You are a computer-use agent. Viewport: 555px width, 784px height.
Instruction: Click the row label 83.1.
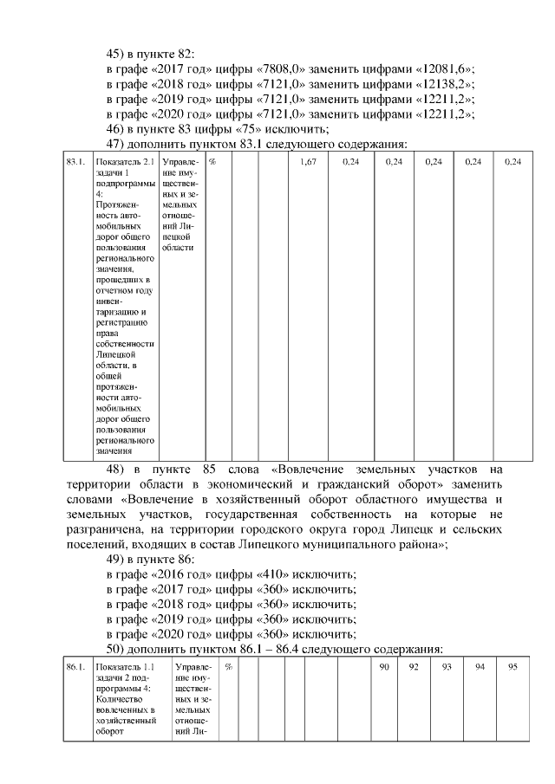click(75, 162)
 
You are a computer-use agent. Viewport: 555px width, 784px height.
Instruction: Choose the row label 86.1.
click(75, 666)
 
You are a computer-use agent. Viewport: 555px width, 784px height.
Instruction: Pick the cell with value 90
click(385, 666)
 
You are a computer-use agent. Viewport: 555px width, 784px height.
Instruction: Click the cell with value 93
click(447, 666)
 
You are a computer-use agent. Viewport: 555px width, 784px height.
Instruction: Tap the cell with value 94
click(480, 666)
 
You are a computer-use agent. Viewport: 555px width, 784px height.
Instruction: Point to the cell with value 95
click(513, 666)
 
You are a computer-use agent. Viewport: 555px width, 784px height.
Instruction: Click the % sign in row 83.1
click(212, 162)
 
